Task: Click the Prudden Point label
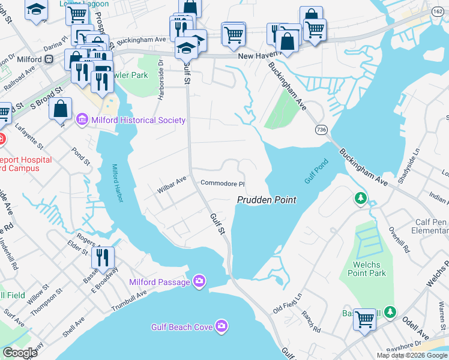(267, 200)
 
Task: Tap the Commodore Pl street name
(223, 184)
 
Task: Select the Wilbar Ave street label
(172, 180)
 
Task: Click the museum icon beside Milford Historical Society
(82, 120)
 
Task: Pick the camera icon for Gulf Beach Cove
(221, 326)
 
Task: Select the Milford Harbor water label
(118, 183)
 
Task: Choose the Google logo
(20, 353)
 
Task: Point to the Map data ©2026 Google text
(411, 355)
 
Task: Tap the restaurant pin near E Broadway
(102, 258)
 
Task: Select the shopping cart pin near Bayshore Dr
(364, 319)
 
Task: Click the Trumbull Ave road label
(129, 303)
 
